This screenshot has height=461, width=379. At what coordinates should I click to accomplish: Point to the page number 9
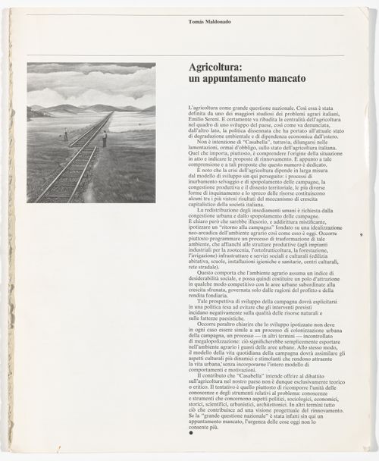[x=362, y=237]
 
